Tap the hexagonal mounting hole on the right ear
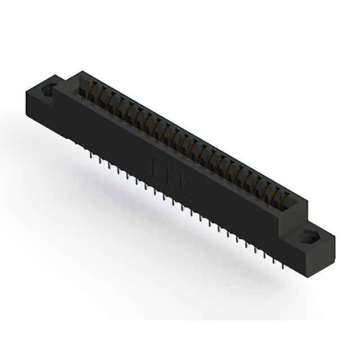click(x=310, y=237)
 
